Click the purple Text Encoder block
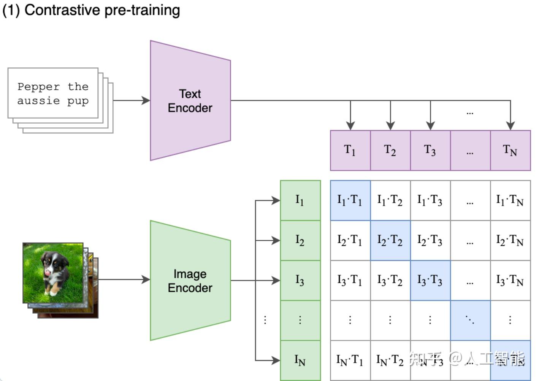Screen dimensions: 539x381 pyautogui.click(x=190, y=100)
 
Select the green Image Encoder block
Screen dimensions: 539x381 pyautogui.click(x=190, y=280)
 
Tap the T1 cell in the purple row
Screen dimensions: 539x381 pyautogui.click(x=350, y=151)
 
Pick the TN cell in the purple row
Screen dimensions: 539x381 pyautogui.click(x=510, y=151)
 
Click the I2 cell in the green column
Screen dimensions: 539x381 pyautogui.click(x=301, y=240)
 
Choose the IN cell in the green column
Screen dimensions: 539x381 pyautogui.click(x=301, y=360)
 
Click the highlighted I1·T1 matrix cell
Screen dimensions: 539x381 pyautogui.click(x=350, y=200)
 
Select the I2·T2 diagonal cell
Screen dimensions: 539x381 pyautogui.click(x=390, y=240)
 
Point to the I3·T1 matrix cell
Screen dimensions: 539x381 pyautogui.click(x=350, y=280)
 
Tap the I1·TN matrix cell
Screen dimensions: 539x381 pyautogui.click(x=510, y=200)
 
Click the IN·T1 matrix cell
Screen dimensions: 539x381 pyautogui.click(x=350, y=360)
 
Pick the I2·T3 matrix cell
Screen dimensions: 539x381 pyautogui.click(x=431, y=240)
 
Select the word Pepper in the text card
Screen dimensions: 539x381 pyautogui.click(x=38, y=87)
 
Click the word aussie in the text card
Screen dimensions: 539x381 pyautogui.click(x=38, y=101)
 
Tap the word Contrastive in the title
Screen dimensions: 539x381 pyautogui.click(x=62, y=10)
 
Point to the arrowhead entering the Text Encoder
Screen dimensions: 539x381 pyautogui.click(x=146, y=100)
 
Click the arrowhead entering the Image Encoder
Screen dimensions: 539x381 pyautogui.click(x=146, y=279)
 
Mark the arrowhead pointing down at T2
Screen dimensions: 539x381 pyautogui.click(x=390, y=126)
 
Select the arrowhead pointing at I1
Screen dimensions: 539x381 pyautogui.click(x=276, y=200)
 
